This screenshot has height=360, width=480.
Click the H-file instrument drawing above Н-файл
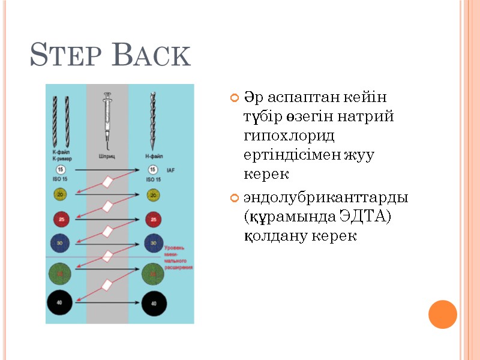click(x=152, y=119)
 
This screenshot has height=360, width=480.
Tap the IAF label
click(x=171, y=171)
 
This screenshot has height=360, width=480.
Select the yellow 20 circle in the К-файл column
click(x=61, y=194)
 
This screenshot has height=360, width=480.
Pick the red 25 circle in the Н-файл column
click(x=154, y=220)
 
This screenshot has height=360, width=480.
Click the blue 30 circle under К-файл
click(x=61, y=244)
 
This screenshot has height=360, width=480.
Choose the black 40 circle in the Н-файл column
click(x=154, y=303)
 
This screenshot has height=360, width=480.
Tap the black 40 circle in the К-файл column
click(x=61, y=303)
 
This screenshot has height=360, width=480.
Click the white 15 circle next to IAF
click(x=153, y=170)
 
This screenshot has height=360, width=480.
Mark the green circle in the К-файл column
click(x=61, y=274)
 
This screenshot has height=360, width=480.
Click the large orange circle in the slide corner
click(x=443, y=314)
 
